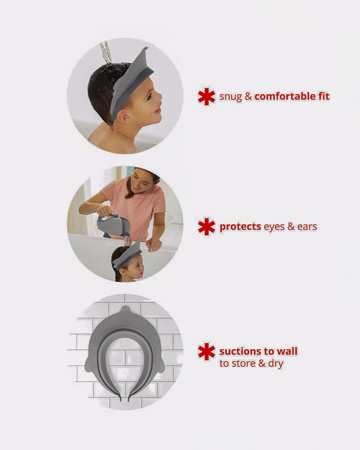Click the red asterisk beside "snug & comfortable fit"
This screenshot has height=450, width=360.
click(x=206, y=97)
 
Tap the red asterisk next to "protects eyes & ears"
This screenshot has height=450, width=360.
click(x=206, y=227)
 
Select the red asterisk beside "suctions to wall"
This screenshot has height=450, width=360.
click(x=206, y=351)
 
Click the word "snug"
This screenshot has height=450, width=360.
click(x=230, y=97)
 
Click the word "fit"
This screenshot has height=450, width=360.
click(x=324, y=96)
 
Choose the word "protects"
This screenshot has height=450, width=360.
click(x=240, y=227)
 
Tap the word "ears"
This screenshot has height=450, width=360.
click(x=307, y=227)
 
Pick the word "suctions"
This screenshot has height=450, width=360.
click(x=240, y=351)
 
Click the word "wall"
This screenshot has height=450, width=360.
click(x=287, y=351)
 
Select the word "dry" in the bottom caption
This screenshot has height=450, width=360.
click(x=276, y=364)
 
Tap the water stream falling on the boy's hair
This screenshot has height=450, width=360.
click(x=107, y=53)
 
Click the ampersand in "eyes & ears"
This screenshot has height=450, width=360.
click(x=291, y=227)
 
